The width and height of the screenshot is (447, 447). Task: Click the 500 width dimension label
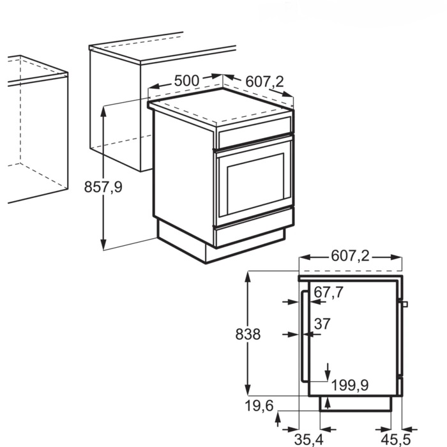186,80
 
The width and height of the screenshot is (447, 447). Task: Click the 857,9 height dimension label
103,187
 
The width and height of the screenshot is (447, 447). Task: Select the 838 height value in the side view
248,334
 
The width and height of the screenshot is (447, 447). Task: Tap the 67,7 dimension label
329,292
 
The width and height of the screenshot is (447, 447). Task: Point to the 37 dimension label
322,324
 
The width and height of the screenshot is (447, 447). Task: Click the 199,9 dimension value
350,386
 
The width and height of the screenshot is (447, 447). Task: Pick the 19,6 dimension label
259,405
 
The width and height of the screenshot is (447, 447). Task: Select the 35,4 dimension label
308,439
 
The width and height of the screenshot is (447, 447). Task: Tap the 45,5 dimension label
397,439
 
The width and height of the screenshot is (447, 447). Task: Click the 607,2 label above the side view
350,255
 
